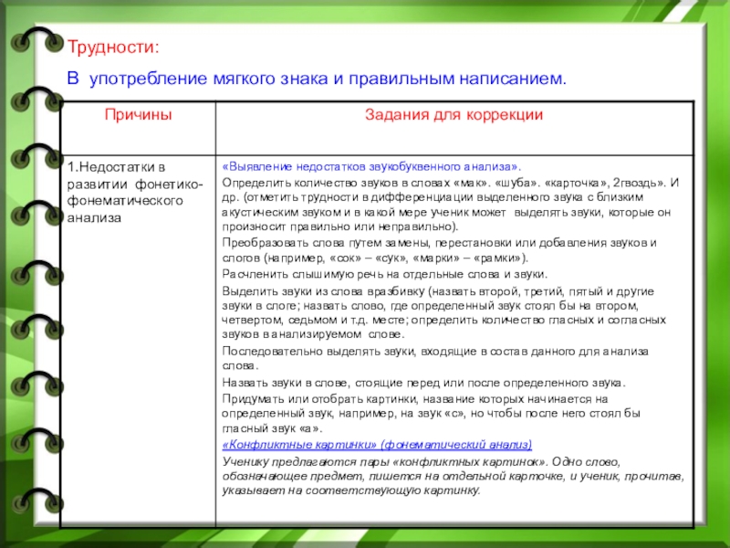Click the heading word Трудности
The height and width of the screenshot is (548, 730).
[112, 46]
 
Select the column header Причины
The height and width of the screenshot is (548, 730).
[136, 116]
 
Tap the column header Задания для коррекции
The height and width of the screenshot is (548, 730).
[454, 116]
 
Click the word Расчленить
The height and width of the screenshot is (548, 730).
[256, 273]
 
